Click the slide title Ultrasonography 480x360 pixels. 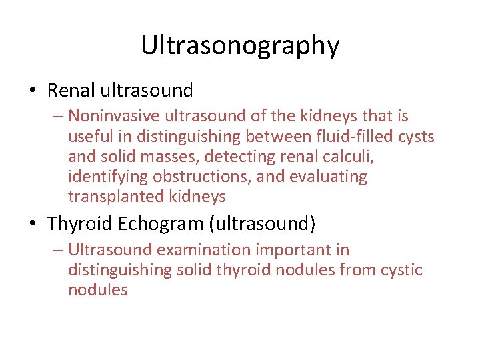[240, 45]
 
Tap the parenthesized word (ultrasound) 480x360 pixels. [262, 224]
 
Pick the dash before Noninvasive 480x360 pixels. [56, 117]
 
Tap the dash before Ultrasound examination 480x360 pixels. [56, 250]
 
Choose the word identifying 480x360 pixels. [108, 177]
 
